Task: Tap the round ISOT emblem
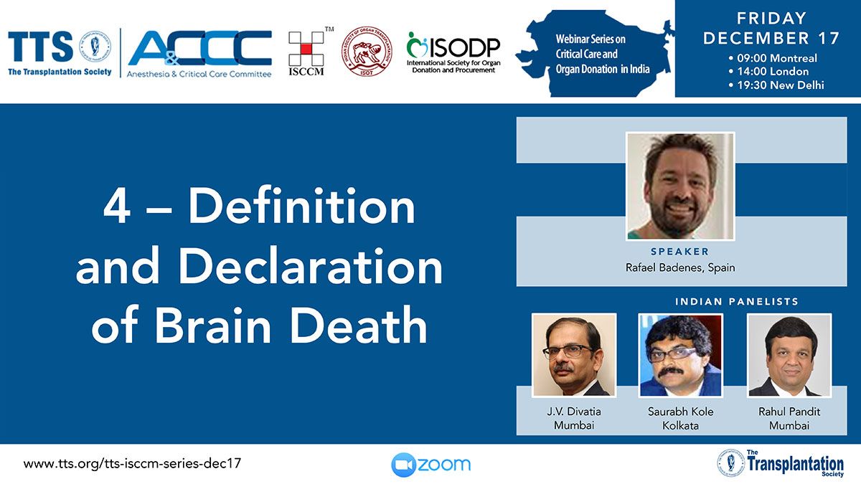pos(367,51)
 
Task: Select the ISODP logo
pos(453,52)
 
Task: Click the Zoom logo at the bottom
pos(431,465)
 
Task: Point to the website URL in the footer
pos(132,464)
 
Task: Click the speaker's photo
pos(680,186)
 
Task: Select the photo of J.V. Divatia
pos(574,356)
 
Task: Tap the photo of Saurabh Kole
pos(680,356)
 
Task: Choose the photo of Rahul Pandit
pos(789,356)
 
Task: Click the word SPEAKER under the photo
pos(680,252)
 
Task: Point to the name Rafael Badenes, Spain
pos(680,267)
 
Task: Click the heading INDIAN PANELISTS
pos(737,302)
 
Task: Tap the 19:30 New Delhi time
pos(776,85)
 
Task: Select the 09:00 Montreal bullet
pos(773,58)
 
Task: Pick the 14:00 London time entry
pos(768,72)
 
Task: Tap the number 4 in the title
pos(117,207)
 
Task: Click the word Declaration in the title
pos(311,266)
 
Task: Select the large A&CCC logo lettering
pos(200,48)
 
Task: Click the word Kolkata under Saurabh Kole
pos(680,426)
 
